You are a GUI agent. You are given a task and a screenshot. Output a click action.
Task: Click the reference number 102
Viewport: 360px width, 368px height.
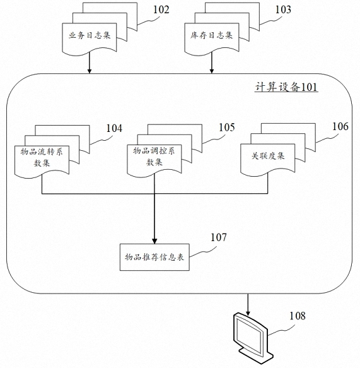coord(161,10)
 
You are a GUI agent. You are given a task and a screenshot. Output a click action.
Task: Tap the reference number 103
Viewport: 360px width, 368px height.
coord(283,9)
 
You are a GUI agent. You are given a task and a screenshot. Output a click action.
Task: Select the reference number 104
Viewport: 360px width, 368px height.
coord(114,128)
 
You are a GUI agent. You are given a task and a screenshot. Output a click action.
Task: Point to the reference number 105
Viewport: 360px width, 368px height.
coord(226,128)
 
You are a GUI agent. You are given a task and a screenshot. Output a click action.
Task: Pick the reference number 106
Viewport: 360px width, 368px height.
coord(340,126)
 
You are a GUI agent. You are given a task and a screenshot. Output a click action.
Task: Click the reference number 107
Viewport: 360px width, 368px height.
coord(219,237)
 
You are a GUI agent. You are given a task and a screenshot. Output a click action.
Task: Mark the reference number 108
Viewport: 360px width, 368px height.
coord(298,316)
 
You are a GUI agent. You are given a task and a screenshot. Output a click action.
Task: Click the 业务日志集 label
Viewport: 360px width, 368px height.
coord(90,35)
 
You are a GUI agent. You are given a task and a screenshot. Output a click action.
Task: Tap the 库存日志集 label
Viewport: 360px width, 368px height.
coord(211,35)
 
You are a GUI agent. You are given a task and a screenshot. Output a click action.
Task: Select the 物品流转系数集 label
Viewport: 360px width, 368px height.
coord(42,157)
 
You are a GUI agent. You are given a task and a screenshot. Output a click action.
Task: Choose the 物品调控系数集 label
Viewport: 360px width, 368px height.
coord(154,156)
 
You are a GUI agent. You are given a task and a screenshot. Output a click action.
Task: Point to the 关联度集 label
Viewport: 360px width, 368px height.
coord(268,156)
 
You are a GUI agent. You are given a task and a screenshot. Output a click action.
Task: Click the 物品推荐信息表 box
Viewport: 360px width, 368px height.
coord(154,258)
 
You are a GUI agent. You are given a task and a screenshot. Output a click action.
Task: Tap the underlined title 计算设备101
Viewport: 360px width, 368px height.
coord(286,87)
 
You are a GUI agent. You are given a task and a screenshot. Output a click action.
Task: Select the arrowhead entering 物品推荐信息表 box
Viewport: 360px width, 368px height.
coord(154,241)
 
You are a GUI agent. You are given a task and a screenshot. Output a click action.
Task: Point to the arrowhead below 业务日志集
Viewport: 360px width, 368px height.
coord(90,71)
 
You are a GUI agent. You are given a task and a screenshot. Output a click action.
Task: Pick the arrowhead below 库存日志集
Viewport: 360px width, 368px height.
coord(212,71)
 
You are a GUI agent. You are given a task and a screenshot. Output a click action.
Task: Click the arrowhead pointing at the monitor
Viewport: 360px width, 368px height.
coord(248,313)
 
